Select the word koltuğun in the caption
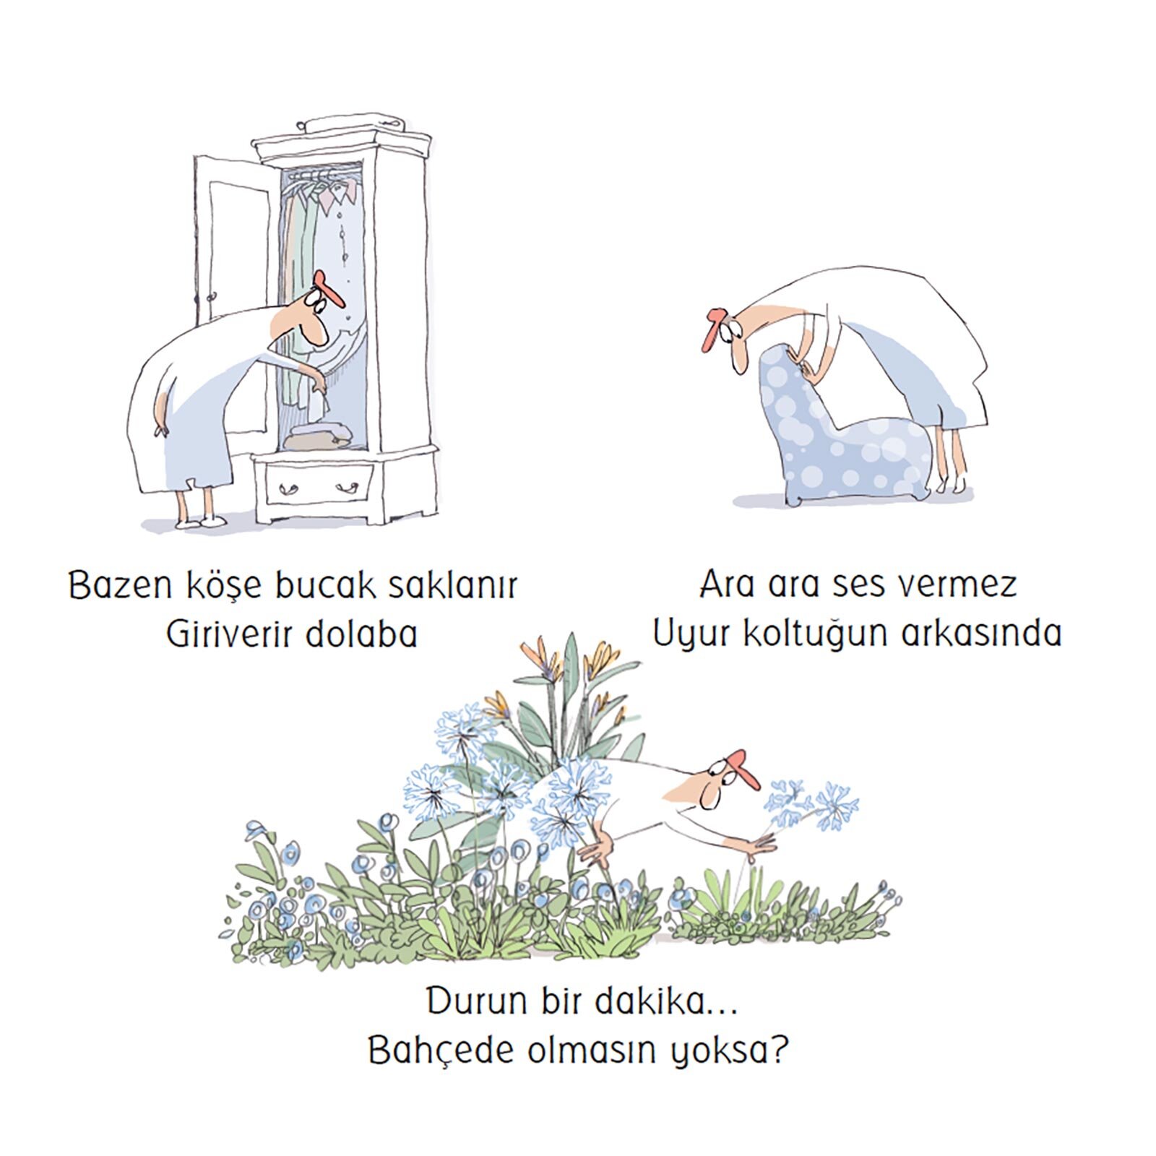pyautogui.click(x=816, y=634)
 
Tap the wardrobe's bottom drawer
pyautogui.click(x=319, y=485)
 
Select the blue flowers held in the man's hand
pyautogui.click(x=813, y=803)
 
